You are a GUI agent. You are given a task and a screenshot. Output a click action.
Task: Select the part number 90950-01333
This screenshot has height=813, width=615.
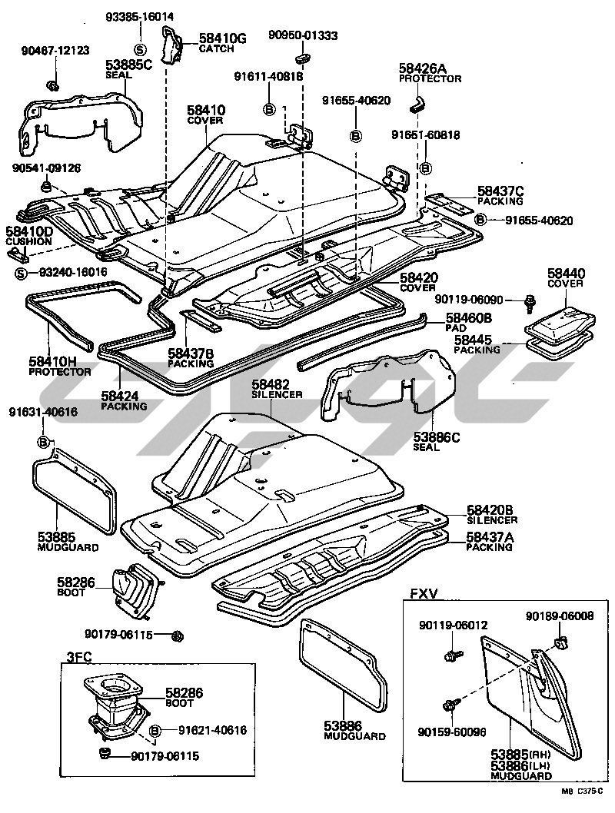(303, 35)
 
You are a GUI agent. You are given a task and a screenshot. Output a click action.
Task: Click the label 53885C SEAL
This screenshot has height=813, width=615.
(129, 68)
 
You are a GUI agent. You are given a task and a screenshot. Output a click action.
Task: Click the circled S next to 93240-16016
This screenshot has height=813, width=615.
(22, 273)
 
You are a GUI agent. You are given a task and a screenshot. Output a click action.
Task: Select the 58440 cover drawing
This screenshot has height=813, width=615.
(558, 321)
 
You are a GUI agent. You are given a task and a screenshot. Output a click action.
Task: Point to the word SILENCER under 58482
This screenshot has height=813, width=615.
(277, 394)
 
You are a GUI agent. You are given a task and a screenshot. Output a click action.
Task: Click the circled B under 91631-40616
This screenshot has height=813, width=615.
(44, 442)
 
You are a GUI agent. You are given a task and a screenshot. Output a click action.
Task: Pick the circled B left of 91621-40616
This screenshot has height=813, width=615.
(155, 730)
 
